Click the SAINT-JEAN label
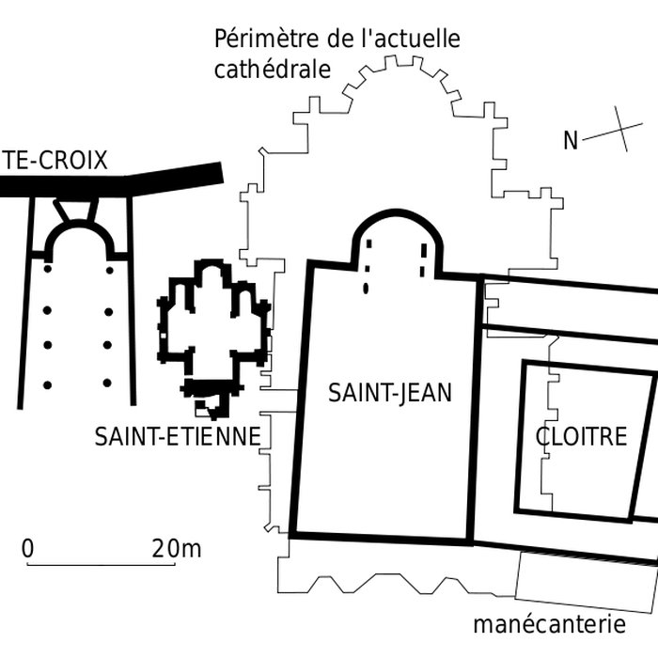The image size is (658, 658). click(389, 393)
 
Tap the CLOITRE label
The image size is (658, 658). click(581, 436)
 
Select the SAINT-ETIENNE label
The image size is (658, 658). click(177, 436)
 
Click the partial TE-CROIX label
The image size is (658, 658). click(55, 161)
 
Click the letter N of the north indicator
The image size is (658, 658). click(571, 141)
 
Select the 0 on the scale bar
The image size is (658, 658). click(28, 548)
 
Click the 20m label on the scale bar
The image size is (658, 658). click(176, 548)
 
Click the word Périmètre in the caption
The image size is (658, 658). click(267, 40)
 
